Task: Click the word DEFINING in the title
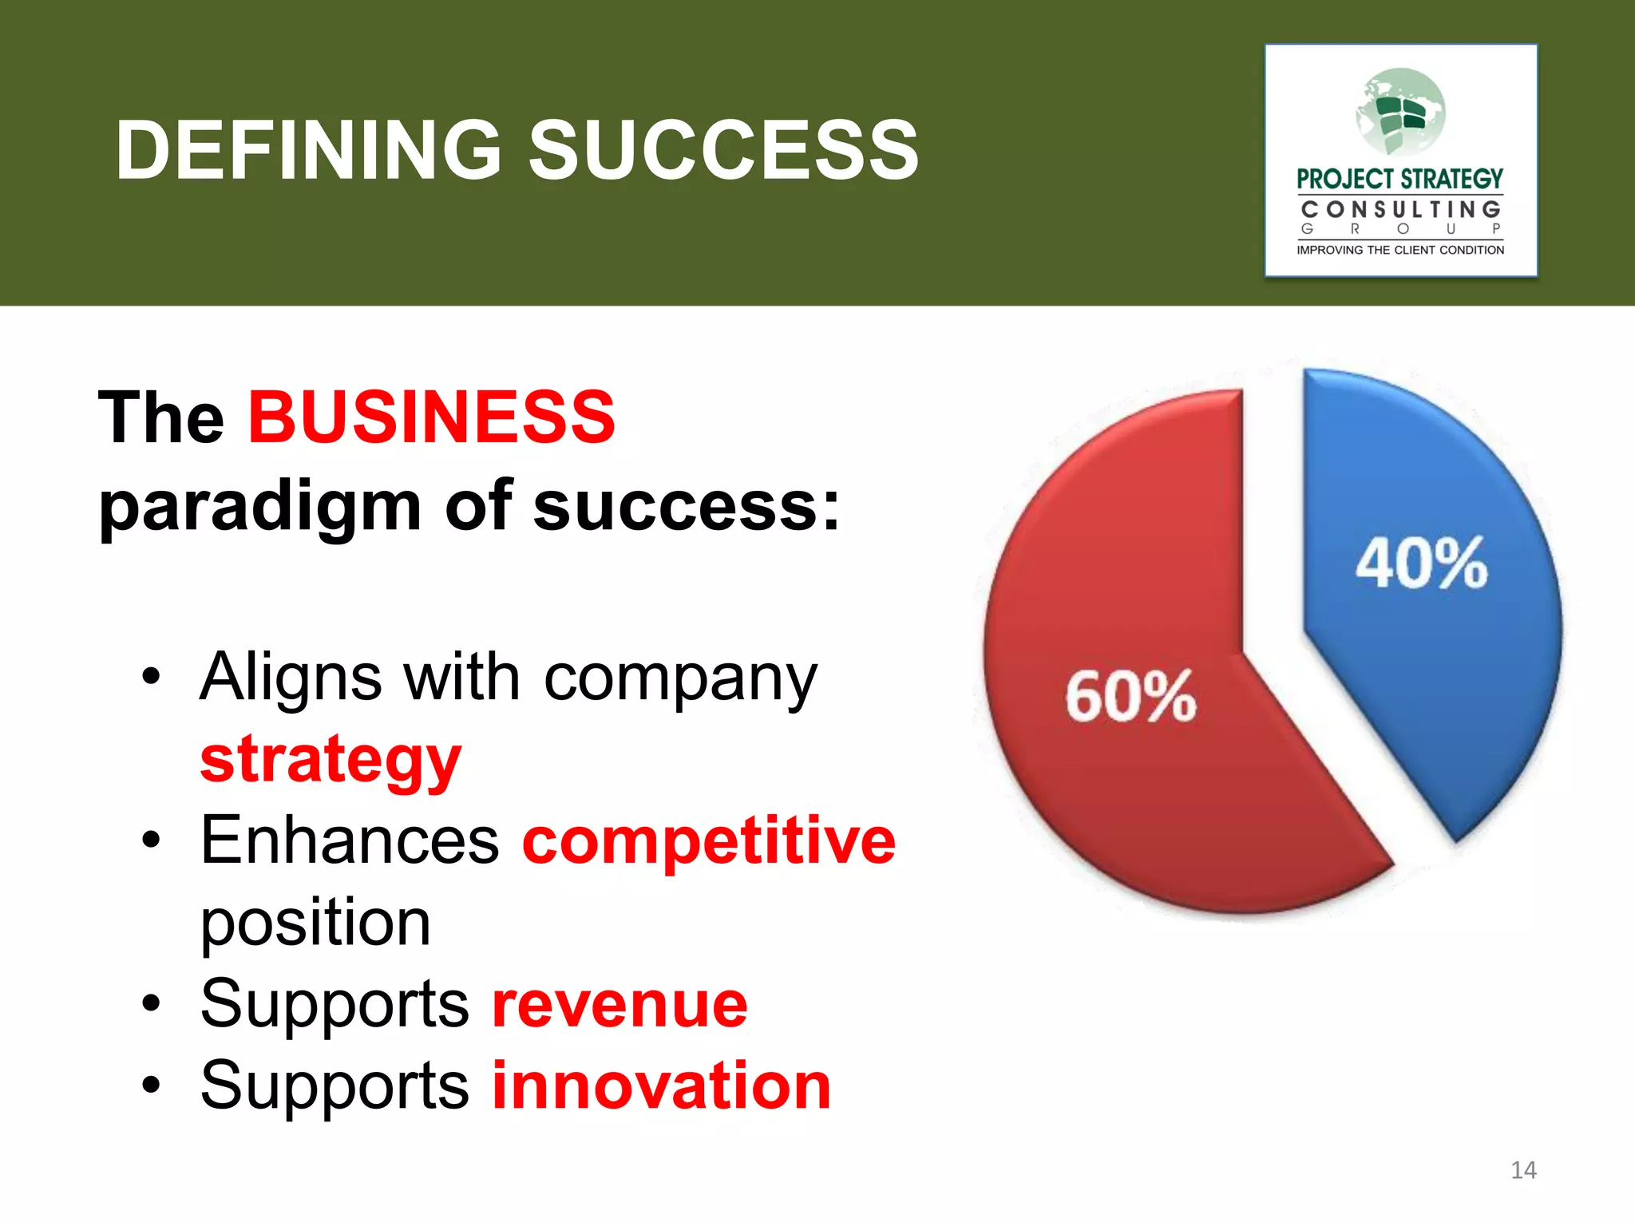308,150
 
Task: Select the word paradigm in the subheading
259,508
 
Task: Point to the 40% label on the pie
1421,564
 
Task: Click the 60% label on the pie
1130,696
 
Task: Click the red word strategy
330,760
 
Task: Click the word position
315,923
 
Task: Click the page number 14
1523,1170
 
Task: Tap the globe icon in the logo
1400,112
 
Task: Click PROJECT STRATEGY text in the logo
1399,179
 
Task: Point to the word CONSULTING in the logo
1400,210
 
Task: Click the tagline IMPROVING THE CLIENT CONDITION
1400,250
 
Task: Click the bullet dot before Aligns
151,678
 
